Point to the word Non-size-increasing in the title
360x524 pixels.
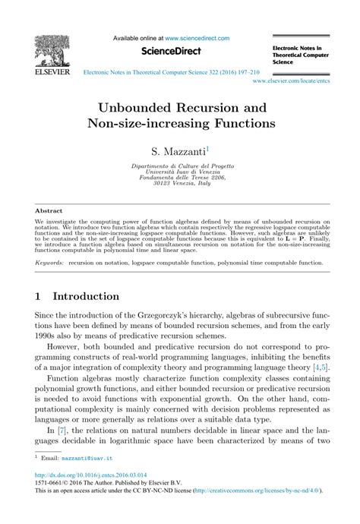click(161, 121)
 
